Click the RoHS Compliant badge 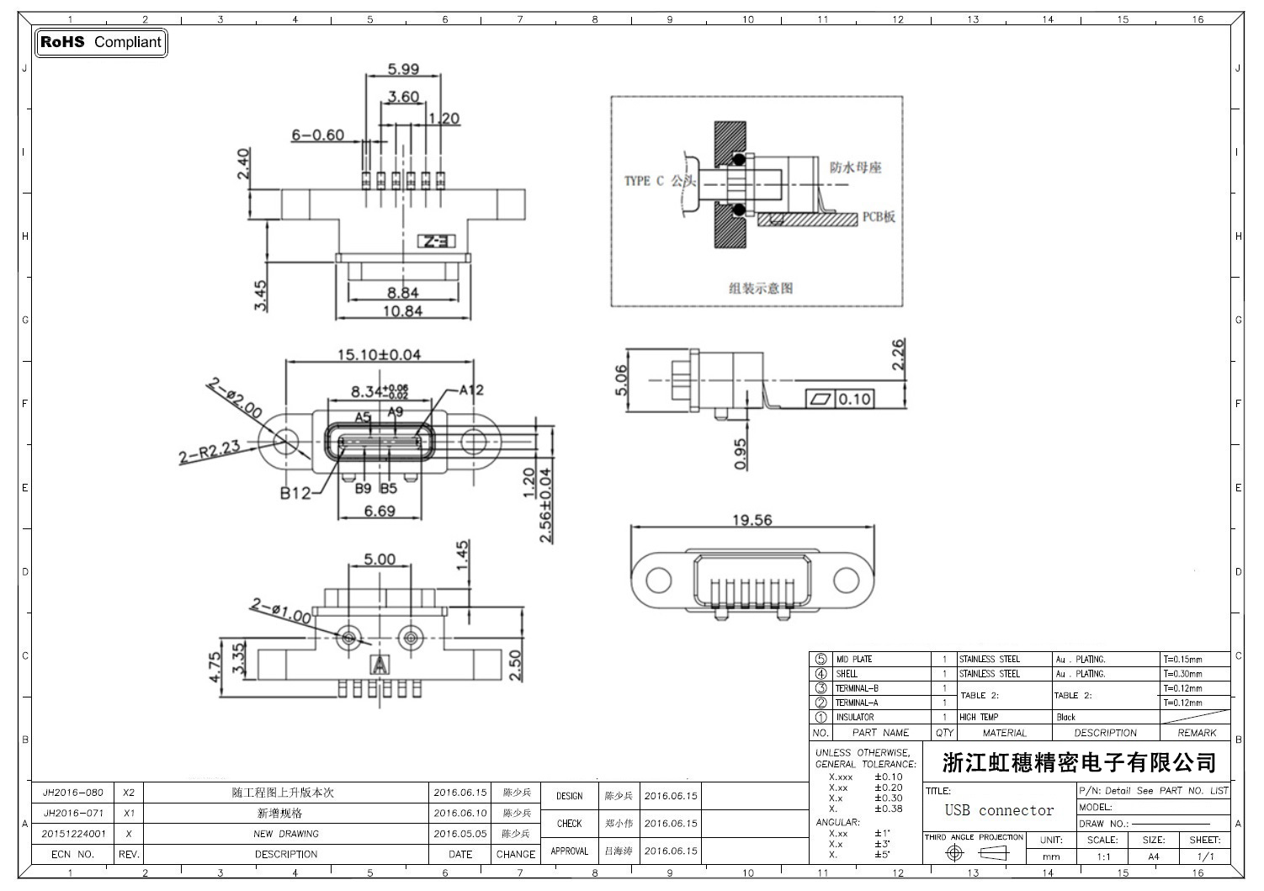(x=101, y=42)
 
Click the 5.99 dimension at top (x=403, y=70)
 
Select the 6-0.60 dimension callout (x=318, y=135)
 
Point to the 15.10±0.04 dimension (x=379, y=354)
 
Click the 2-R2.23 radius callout (x=210, y=452)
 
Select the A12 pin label (x=471, y=390)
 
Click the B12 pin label (x=295, y=493)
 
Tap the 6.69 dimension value (x=380, y=511)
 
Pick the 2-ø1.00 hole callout (x=280, y=612)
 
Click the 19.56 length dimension (x=751, y=520)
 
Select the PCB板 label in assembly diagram (x=879, y=216)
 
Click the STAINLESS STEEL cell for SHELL (x=990, y=674)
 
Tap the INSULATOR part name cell (x=855, y=718)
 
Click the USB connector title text (x=999, y=810)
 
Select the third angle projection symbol (x=974, y=853)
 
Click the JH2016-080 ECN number (x=73, y=793)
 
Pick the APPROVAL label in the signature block (x=569, y=851)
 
